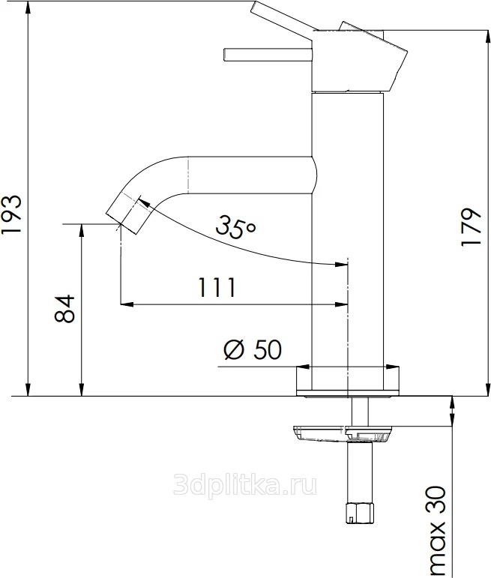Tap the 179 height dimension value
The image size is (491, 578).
[x=471, y=227]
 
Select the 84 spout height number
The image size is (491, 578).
[x=64, y=309]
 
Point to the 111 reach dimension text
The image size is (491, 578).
[x=217, y=288]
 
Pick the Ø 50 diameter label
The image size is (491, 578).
[x=253, y=349]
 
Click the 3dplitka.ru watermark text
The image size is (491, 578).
[x=245, y=484]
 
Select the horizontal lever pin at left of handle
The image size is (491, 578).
[x=268, y=54]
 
